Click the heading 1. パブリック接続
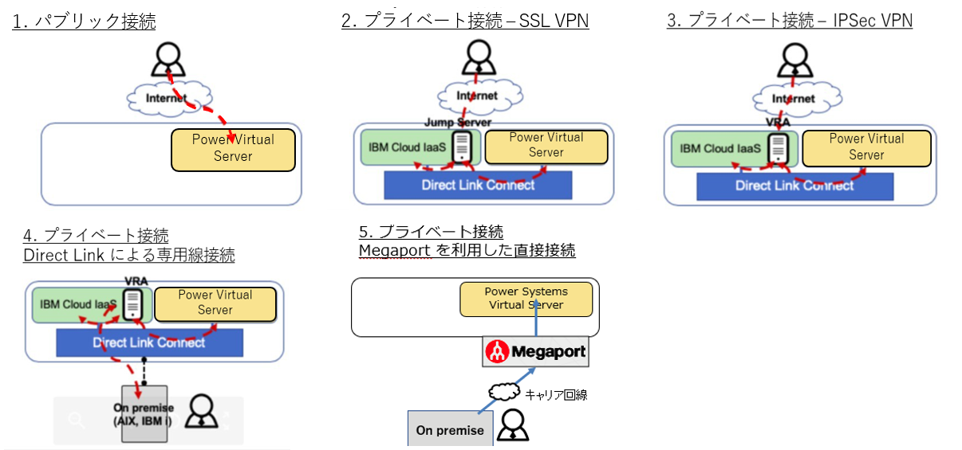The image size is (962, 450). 84,21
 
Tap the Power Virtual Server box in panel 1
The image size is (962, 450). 233,149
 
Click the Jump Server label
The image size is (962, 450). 461,122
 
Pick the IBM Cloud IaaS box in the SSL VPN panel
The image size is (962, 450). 407,147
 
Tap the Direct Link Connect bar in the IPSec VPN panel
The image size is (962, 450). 794,186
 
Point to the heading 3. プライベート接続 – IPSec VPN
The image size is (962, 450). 789,21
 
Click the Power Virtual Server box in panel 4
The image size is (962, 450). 215,303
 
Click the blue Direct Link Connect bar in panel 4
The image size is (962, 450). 149,343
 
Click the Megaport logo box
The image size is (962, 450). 535,351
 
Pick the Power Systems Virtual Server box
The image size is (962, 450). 526,299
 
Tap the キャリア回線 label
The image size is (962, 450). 555,393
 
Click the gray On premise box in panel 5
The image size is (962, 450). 449,430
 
